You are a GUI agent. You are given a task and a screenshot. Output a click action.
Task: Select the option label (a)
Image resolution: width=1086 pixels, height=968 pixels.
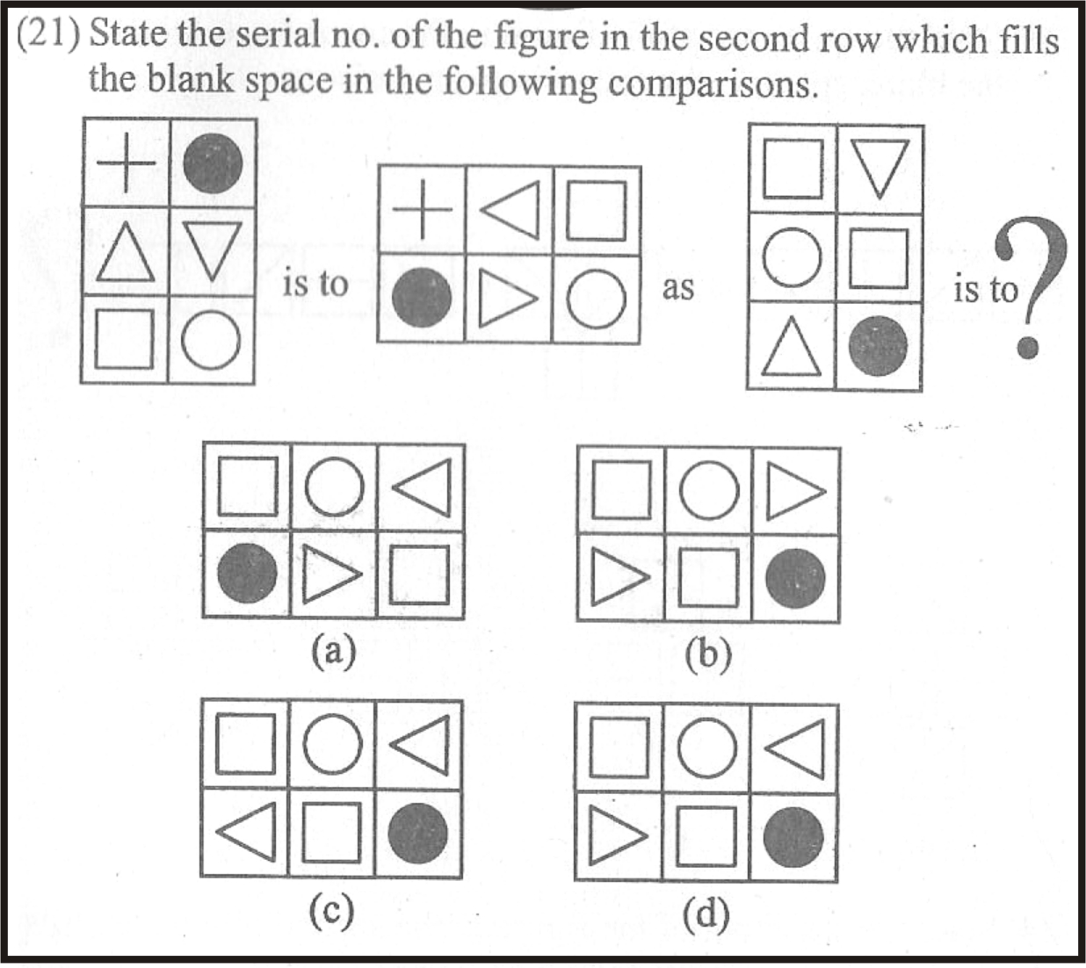pyautogui.click(x=334, y=652)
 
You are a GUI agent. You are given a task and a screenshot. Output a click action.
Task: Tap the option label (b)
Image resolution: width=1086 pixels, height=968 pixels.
pyautogui.click(x=708, y=655)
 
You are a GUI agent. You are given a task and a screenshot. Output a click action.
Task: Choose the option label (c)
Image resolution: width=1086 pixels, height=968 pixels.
pyautogui.click(x=331, y=912)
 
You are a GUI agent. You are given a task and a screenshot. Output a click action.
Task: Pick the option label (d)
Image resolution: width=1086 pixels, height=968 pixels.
pyautogui.click(x=706, y=914)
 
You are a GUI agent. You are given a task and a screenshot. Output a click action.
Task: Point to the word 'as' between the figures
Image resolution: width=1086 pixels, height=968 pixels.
pyautogui.click(x=677, y=286)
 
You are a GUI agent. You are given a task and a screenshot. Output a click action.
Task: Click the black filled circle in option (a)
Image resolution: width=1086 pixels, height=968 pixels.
pyautogui.click(x=247, y=574)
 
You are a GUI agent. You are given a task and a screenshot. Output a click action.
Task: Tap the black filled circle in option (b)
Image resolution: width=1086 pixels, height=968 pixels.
pyautogui.click(x=795, y=578)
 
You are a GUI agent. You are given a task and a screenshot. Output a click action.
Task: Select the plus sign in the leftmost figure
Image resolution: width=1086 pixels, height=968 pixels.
pyautogui.click(x=125, y=164)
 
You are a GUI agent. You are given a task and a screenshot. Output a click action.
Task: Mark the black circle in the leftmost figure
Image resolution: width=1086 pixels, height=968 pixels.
pyautogui.click(x=212, y=163)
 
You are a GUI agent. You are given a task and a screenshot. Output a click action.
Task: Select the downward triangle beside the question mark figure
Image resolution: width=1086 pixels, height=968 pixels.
pyautogui.click(x=878, y=170)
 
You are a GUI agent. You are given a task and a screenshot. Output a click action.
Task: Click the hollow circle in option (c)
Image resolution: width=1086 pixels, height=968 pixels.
pyautogui.click(x=332, y=745)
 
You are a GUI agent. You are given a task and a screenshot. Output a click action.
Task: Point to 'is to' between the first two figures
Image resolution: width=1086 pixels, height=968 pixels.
pyautogui.click(x=315, y=284)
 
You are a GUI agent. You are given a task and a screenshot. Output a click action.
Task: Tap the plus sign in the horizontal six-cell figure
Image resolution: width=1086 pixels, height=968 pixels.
pyautogui.click(x=422, y=211)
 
